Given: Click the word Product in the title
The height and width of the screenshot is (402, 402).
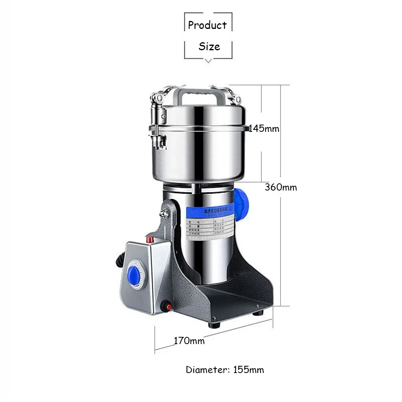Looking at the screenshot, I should coord(207,25).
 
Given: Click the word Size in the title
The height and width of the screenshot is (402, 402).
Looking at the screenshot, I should coord(209,46).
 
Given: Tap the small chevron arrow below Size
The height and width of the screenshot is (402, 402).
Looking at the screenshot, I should coord(208,61).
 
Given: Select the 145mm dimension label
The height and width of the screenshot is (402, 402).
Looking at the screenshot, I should coord(264,129).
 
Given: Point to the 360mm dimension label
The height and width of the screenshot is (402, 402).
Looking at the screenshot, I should coord(281,187).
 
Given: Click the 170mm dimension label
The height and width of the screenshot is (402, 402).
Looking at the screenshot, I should coord(189,341).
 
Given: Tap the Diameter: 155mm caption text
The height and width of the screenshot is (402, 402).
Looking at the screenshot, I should coord(225,369).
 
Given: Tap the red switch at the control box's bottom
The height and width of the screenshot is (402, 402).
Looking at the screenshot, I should coord(165,308).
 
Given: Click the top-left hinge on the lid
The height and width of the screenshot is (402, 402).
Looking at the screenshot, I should coord(158,97).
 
